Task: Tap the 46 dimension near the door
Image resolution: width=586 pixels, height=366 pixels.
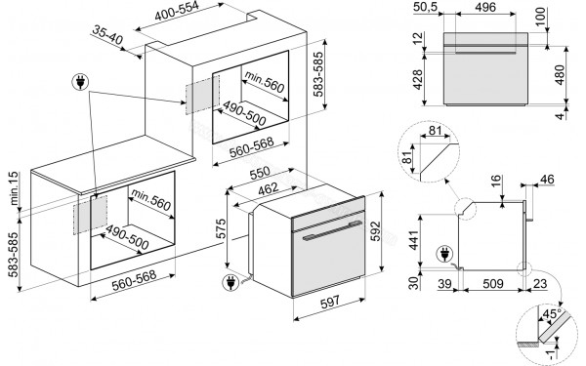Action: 548,179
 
